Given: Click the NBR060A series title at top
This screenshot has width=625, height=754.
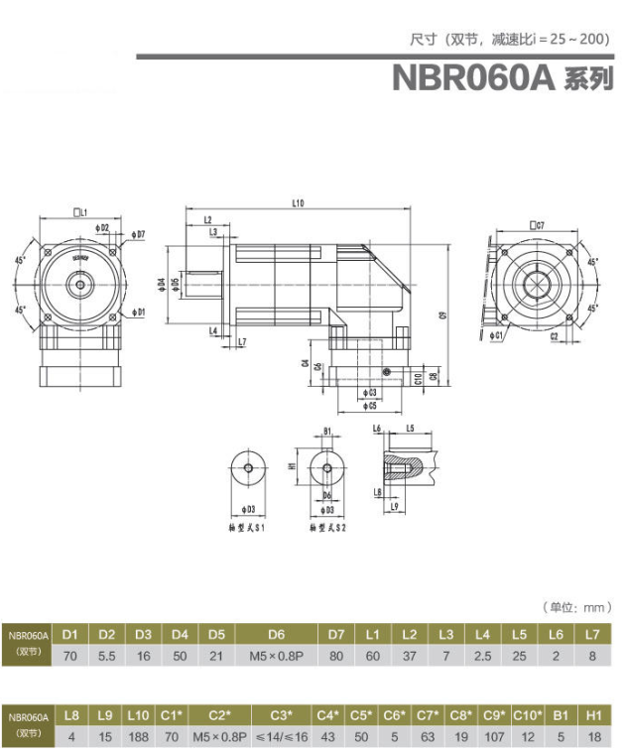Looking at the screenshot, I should pyautogui.click(x=502, y=78).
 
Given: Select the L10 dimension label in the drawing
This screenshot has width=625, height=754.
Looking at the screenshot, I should pyautogui.click(x=298, y=203).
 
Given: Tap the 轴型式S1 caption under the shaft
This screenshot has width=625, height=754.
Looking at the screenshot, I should pyautogui.click(x=245, y=529).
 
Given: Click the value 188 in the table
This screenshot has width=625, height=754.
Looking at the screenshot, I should pyautogui.click(x=138, y=737).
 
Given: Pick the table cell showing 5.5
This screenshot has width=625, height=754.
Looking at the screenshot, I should pyautogui.click(x=107, y=656).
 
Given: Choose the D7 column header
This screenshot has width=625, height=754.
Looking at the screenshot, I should pyautogui.click(x=335, y=633).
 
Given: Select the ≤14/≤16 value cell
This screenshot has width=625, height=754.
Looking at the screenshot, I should pyautogui.click(x=282, y=737).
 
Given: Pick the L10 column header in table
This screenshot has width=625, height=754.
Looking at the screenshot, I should pyautogui.click(x=138, y=714).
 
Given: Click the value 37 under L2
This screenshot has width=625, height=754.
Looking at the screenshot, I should pyautogui.click(x=409, y=656).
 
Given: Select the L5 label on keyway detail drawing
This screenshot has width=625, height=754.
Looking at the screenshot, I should pyautogui.click(x=409, y=428).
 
